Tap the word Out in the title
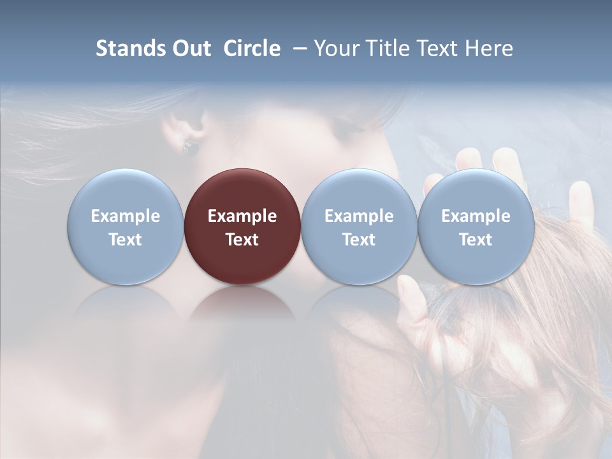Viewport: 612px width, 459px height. click(190, 48)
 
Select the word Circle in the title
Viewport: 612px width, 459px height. click(252, 48)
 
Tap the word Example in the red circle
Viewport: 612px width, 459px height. click(242, 216)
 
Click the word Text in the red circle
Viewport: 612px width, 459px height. click(242, 240)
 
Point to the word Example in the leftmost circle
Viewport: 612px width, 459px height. click(125, 216)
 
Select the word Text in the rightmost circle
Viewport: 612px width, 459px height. click(476, 240)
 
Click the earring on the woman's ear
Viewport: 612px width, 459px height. click(189, 147)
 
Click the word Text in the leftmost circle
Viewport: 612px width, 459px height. click(125, 240)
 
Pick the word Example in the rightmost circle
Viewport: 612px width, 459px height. click(476, 216)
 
